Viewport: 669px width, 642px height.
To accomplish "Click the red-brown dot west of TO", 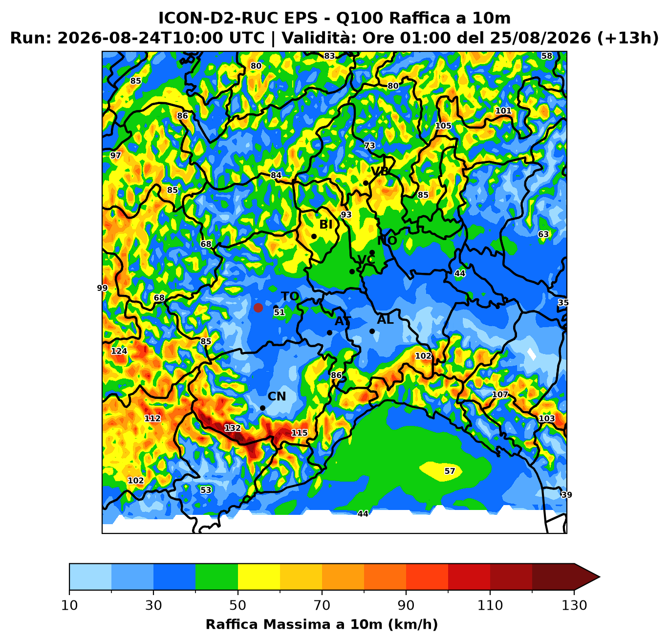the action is pos(258,308).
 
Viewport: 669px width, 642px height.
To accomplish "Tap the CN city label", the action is pos(277,397).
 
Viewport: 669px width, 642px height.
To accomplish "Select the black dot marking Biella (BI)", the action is pos(314,236).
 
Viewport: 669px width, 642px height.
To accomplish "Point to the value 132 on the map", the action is pos(233,428).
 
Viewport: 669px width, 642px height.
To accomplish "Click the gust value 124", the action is pos(119,351).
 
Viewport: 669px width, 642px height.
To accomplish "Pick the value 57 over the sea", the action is pos(450,471).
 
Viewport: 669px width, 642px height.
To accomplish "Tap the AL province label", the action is pos(385,320).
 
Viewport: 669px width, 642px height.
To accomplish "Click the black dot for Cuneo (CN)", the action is pos(262,408).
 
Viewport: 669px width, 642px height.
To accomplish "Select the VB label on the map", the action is pos(380,171).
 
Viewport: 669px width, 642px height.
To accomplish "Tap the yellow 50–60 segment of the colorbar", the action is pos(259,576).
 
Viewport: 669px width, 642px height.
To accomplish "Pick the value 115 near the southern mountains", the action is pos(299,433).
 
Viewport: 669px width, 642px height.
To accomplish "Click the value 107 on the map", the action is pos(500,395).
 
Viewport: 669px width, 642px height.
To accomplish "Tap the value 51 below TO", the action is pos(279,312).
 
